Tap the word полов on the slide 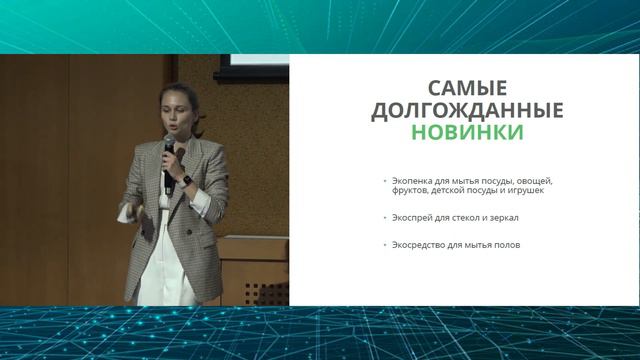pos(506,246)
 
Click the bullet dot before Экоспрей pos(384,217)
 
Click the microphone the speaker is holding pos(169,149)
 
